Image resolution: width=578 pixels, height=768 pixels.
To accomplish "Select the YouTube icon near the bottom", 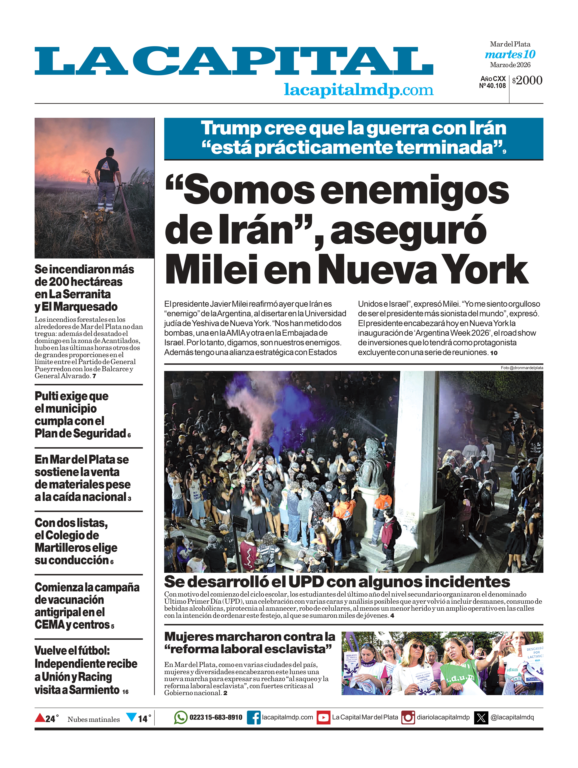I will point(323,717).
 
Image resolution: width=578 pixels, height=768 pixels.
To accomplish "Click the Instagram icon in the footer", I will point(408,717).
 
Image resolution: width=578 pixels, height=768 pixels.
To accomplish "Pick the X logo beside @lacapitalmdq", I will point(481,717).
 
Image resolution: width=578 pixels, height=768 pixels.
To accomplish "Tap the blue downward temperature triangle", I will point(131,717).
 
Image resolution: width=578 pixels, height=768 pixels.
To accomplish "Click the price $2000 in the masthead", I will point(527,81).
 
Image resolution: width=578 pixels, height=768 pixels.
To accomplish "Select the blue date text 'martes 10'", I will point(510,55).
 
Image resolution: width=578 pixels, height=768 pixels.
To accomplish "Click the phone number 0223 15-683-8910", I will point(216,717).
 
